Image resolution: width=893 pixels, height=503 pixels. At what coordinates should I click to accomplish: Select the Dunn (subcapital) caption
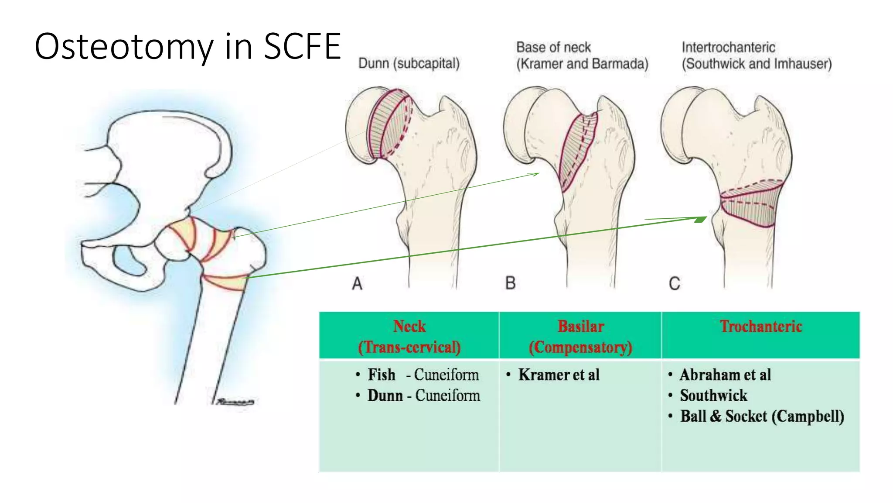tap(409, 64)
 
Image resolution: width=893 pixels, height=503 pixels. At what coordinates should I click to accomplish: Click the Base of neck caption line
tap(553, 47)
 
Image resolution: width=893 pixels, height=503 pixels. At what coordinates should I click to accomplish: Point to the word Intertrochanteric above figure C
tap(728, 47)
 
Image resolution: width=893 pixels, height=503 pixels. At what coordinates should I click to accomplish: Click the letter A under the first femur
tap(357, 284)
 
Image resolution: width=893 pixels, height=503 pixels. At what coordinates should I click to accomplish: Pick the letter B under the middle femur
tap(510, 283)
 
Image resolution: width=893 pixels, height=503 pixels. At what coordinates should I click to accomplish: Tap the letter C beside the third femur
tap(674, 284)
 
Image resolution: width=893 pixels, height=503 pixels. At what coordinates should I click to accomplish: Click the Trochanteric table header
tap(760, 327)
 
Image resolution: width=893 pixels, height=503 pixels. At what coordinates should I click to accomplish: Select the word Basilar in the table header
tap(580, 327)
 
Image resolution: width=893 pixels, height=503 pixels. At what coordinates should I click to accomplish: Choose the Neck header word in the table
tap(409, 327)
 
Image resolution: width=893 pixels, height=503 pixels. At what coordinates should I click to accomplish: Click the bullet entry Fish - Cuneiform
tap(423, 375)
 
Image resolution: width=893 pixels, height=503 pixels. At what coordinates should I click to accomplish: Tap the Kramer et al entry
tap(559, 375)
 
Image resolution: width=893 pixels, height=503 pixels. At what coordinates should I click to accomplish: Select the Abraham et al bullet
tap(725, 375)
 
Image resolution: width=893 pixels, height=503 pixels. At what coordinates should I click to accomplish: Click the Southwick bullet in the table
tap(713, 396)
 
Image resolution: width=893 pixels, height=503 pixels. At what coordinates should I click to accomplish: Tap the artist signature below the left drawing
tap(235, 401)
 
